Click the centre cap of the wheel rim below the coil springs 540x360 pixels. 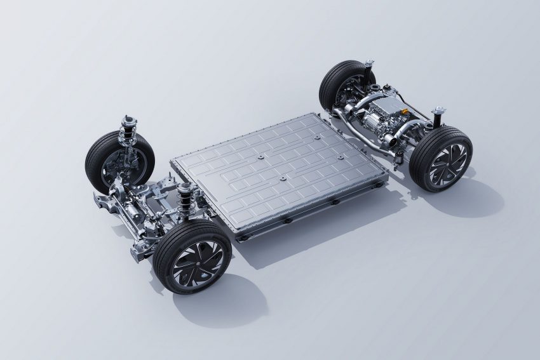pyautogui.click(x=198, y=261)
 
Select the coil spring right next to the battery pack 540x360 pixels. pyautogui.click(x=186, y=201)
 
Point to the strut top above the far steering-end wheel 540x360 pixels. pyautogui.click(x=127, y=121)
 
